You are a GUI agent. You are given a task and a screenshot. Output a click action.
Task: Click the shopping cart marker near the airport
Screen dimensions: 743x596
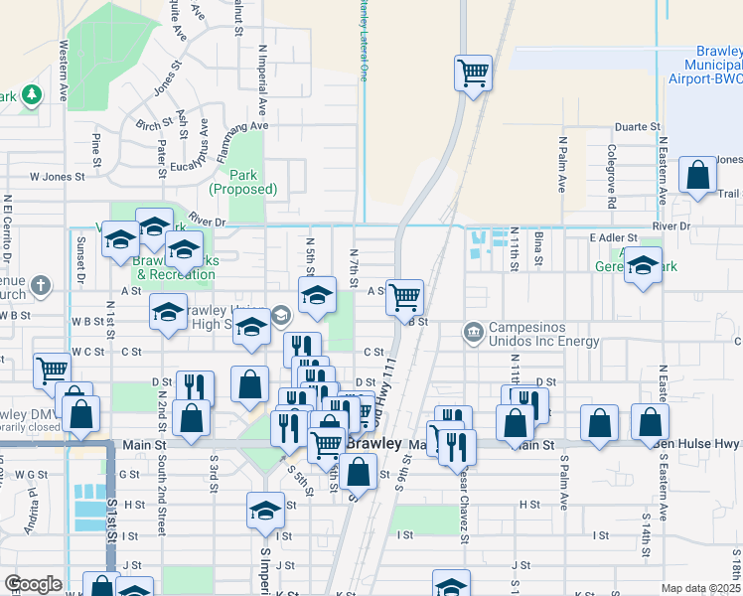coord(474,74)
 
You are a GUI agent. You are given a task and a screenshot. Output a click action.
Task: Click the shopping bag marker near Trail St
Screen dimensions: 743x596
coord(698,176)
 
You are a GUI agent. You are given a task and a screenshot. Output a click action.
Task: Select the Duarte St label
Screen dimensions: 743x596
coord(637,127)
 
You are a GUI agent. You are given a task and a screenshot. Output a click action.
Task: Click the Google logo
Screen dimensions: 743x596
coord(33,584)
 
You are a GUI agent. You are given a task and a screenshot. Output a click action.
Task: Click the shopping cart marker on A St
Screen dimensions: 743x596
coord(404,296)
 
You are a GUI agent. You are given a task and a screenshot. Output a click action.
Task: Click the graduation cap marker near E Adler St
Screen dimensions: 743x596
coord(644,266)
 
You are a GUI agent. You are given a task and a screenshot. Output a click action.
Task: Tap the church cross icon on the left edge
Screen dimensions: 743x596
coord(41,287)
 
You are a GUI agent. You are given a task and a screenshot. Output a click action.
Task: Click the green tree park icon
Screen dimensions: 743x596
coord(33,94)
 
